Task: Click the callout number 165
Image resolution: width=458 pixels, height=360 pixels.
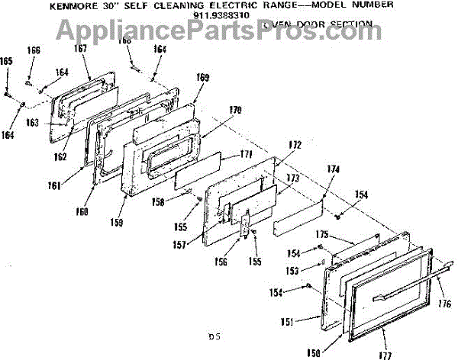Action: [x=7, y=60]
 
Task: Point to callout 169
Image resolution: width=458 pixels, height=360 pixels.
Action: [x=202, y=77]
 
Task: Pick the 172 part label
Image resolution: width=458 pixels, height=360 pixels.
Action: [x=295, y=145]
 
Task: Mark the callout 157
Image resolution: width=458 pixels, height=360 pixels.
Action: [x=200, y=245]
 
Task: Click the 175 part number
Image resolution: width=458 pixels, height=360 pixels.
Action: [x=322, y=233]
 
